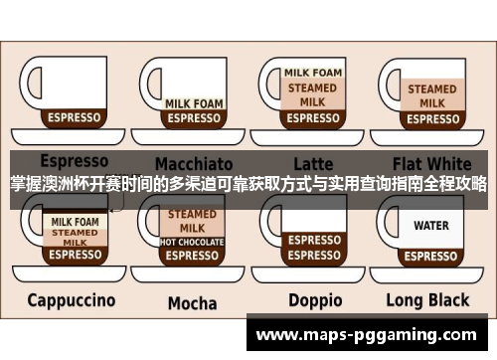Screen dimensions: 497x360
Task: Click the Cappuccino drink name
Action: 71,299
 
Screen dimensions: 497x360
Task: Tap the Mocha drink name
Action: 192,302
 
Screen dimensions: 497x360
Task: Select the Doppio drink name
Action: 314,300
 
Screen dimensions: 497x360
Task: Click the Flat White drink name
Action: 431,162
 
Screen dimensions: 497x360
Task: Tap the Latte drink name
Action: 313,163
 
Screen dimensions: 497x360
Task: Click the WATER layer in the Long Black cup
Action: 430,226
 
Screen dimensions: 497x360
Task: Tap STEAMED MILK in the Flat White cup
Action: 431,95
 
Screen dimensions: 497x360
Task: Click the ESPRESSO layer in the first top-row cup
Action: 75,117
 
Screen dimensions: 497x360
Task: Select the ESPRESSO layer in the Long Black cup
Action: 430,254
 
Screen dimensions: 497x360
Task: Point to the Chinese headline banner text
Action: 248,184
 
